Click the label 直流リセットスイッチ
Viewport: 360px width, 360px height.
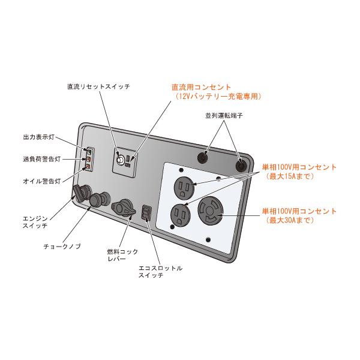point(98,86)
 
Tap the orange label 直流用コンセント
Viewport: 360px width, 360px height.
point(202,87)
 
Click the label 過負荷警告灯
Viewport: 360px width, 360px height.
point(39,159)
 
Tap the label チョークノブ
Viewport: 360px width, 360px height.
point(61,246)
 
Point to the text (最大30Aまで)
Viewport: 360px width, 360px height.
point(284,221)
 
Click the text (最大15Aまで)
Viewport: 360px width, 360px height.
point(285,176)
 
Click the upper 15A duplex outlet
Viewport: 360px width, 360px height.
point(183,188)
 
